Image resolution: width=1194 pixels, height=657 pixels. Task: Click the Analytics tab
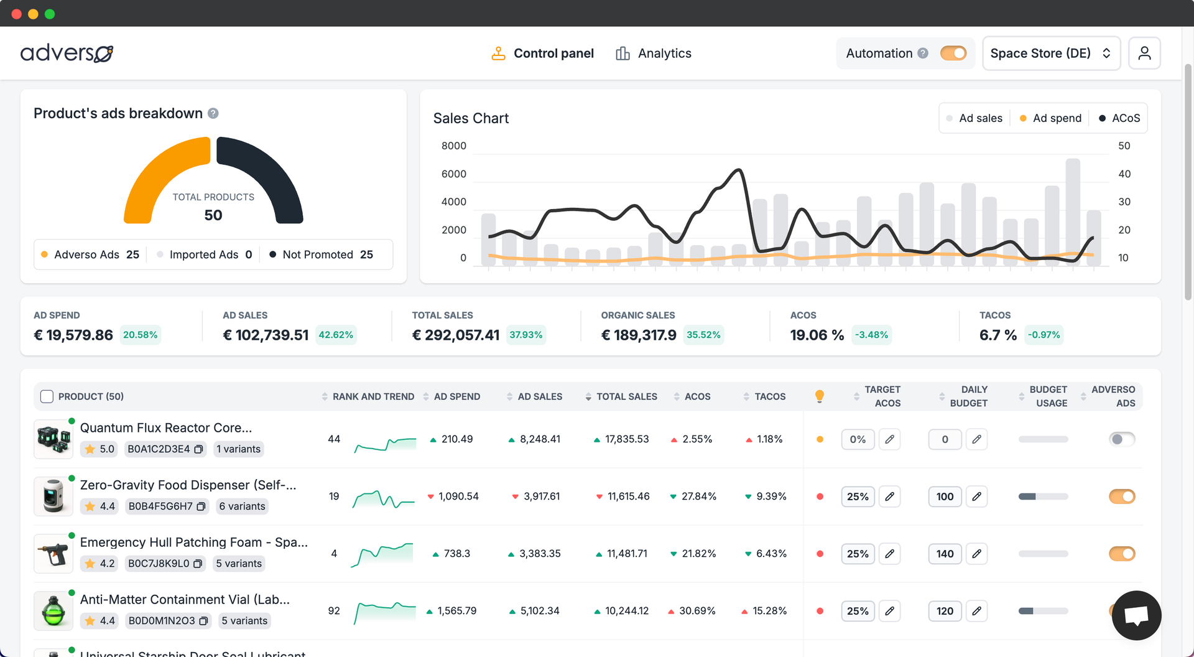pyautogui.click(x=654, y=54)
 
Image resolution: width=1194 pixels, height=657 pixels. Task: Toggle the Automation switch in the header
pyautogui.click(x=953, y=54)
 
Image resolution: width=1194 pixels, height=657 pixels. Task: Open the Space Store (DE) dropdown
pyautogui.click(x=1050, y=54)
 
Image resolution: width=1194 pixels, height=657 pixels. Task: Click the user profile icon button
pyautogui.click(x=1144, y=54)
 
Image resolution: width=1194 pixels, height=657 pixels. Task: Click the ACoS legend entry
pyautogui.click(x=1119, y=118)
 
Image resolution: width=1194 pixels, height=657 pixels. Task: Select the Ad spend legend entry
pyautogui.click(x=1050, y=118)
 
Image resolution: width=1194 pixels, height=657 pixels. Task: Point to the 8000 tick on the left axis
pyautogui.click(x=453, y=146)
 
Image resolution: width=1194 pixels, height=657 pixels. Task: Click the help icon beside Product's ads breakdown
pyautogui.click(x=213, y=113)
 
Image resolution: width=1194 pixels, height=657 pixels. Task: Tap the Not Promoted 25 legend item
pyautogui.click(x=322, y=254)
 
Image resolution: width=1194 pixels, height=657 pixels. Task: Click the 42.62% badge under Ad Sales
pyautogui.click(x=336, y=335)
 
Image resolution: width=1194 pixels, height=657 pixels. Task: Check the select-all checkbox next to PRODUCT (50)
pyautogui.click(x=47, y=396)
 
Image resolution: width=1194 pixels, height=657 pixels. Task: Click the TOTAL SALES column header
pyautogui.click(x=626, y=396)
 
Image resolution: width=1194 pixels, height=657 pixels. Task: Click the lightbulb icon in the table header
pyautogui.click(x=820, y=396)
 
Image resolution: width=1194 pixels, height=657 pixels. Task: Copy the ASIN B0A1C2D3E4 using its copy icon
pyautogui.click(x=198, y=449)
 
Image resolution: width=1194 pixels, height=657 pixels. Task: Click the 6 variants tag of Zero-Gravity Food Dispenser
pyautogui.click(x=242, y=506)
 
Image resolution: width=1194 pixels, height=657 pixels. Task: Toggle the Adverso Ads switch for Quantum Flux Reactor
pyautogui.click(x=1122, y=439)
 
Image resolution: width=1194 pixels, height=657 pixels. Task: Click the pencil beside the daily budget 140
pyautogui.click(x=976, y=554)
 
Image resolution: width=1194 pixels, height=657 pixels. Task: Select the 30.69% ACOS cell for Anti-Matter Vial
pyautogui.click(x=696, y=611)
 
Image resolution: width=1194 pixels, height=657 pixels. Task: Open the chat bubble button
pyautogui.click(x=1136, y=615)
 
